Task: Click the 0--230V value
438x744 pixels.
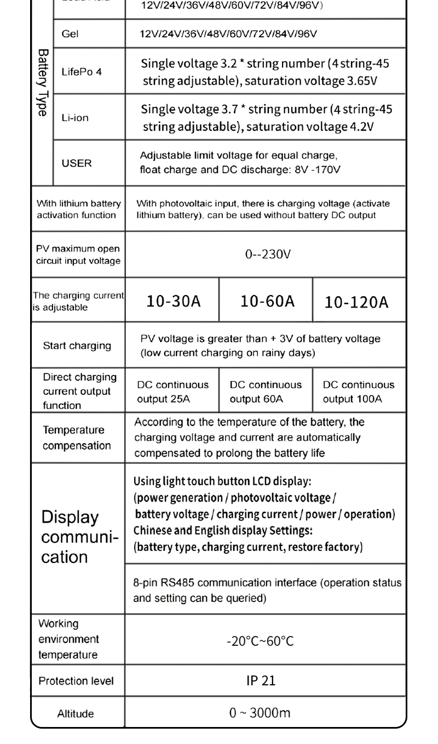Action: pos(264,255)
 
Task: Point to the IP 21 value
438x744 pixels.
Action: pos(261,680)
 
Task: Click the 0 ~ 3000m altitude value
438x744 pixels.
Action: pos(260,713)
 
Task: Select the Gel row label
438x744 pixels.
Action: pos(70,34)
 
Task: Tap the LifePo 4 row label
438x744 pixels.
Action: pos(82,72)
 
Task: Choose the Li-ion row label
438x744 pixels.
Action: pos(75,118)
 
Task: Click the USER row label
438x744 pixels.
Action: pos(77,163)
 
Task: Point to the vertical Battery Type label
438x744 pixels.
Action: pos(42,82)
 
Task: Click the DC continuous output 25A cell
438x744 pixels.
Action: pos(172,391)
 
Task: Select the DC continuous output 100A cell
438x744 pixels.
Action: pos(359,391)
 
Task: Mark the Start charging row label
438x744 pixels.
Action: pos(77,345)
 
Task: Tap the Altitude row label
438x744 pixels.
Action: pos(76,713)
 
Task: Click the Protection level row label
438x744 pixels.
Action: pos(76,681)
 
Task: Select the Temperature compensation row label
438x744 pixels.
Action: pos(77,438)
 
